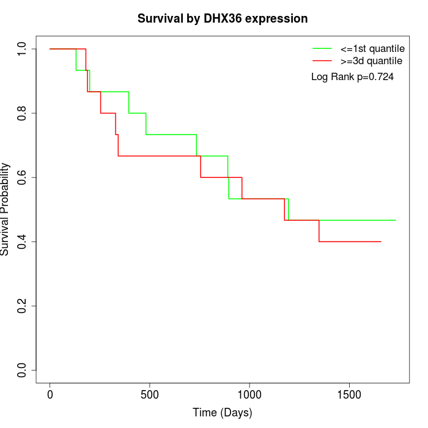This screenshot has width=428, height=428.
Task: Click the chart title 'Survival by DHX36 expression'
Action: (x=223, y=18)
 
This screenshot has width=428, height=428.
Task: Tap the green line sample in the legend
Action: (x=322, y=48)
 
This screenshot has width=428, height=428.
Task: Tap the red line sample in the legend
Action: (x=322, y=61)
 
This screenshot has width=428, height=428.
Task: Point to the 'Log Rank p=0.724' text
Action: (x=352, y=77)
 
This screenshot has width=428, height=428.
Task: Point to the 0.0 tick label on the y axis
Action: (x=23, y=370)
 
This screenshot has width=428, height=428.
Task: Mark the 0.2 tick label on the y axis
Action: (x=23, y=306)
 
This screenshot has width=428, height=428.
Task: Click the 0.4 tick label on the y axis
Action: (x=23, y=242)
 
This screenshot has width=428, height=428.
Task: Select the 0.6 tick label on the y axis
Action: (x=23, y=177)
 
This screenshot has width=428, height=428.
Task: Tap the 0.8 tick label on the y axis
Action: (x=23, y=113)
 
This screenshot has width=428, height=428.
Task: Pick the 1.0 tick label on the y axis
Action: (x=23, y=49)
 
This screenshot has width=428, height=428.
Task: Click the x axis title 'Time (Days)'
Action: (x=223, y=413)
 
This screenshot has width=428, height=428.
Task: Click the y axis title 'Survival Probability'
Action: (x=6, y=209)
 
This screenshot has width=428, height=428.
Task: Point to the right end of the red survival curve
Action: (x=381, y=242)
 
